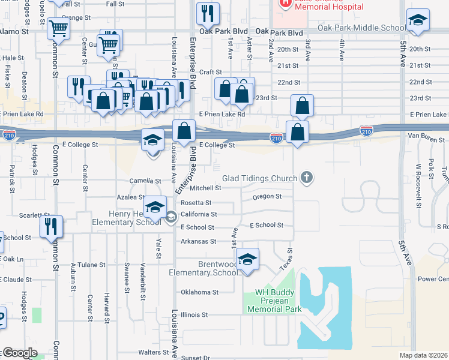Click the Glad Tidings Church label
259,178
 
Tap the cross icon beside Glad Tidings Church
307,177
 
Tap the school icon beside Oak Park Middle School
417,21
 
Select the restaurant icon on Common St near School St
52,226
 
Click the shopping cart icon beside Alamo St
59,28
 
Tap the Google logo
19,353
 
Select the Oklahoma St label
199,292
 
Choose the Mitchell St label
205,188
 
